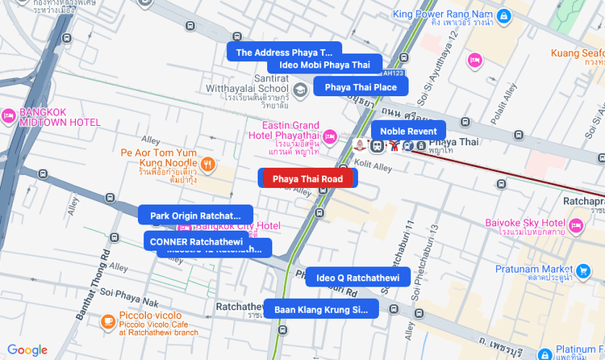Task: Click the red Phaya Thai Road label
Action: point(307,178)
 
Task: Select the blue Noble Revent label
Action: point(408,131)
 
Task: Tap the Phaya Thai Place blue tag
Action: point(361,87)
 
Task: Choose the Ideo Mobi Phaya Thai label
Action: point(324,65)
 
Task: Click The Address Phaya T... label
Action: point(284,52)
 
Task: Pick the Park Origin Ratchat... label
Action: point(195,216)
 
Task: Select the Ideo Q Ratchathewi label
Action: point(357,277)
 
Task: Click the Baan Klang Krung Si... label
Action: point(320,308)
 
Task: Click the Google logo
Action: point(27,350)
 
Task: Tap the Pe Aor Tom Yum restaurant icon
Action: point(208,164)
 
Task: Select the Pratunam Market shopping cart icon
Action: point(583,270)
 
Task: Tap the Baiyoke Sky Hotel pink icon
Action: point(575,225)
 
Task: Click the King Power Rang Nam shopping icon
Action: point(503,15)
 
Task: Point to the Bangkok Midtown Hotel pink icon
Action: point(9,116)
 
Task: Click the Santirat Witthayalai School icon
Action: point(300,89)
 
